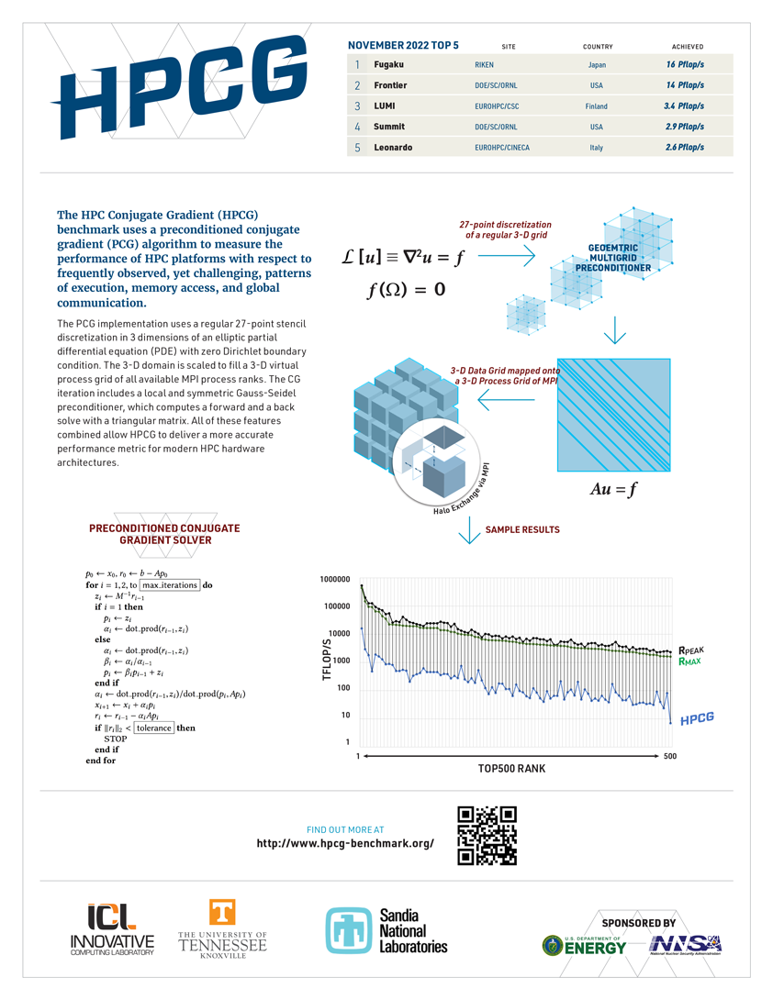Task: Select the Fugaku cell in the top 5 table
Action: [388, 65]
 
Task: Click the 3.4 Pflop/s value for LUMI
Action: [684, 106]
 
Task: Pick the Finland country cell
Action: [596, 106]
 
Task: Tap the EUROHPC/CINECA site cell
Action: [505, 148]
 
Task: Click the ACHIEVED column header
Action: [687, 46]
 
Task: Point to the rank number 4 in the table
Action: [357, 127]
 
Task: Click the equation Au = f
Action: [612, 490]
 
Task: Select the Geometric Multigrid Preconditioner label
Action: [620, 259]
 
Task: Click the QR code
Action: [487, 836]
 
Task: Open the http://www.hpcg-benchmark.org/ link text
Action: [345, 843]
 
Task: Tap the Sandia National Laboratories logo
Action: [386, 931]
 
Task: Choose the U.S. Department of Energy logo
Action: [584, 946]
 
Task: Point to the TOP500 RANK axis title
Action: [511, 769]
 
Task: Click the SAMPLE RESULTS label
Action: [521, 529]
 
